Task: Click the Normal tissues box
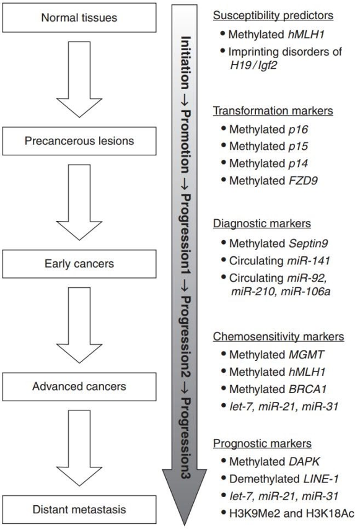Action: tap(79, 17)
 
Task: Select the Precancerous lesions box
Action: tap(79, 141)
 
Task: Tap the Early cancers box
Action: tap(79, 264)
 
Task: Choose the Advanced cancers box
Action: tap(79, 387)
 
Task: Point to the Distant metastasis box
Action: tap(79, 510)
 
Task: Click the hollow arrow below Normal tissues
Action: tap(79, 79)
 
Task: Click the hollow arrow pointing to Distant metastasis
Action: tap(79, 448)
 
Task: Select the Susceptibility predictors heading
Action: tap(273, 15)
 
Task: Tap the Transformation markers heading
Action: tap(273, 111)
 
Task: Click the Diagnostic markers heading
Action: tap(262, 224)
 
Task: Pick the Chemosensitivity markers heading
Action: tap(278, 337)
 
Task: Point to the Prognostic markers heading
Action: tap(262, 443)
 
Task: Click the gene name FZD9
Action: tap(303, 181)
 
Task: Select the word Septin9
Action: tap(308, 244)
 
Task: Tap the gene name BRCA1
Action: tap(307, 389)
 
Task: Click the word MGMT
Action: tap(307, 355)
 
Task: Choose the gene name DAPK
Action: tap(304, 462)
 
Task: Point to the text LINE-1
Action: tap(317, 479)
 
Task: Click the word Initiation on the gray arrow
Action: tap(185, 63)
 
